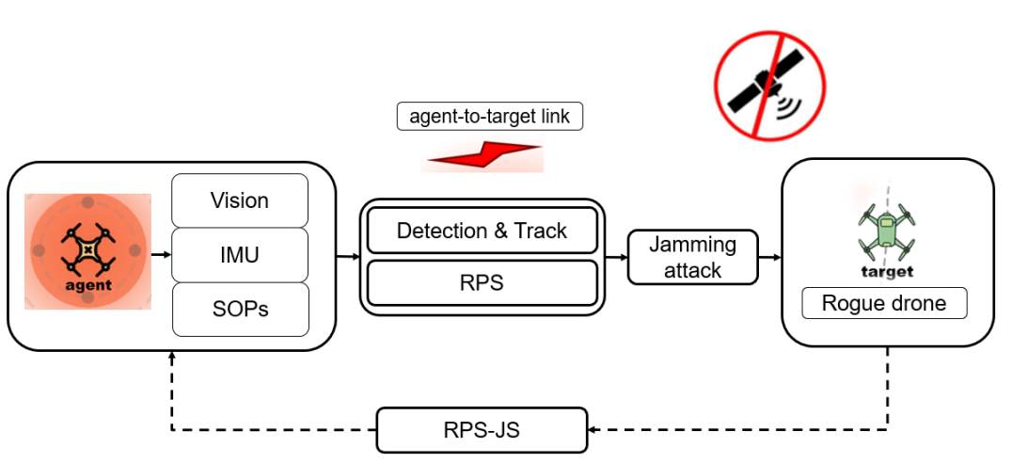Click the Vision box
tap(240, 200)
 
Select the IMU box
tap(240, 254)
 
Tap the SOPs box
tap(240, 309)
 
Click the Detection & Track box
tap(482, 231)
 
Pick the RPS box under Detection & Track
tap(482, 282)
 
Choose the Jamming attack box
tap(692, 257)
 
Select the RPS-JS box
tap(482, 430)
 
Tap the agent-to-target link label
tap(490, 117)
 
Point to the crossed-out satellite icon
tap(770, 84)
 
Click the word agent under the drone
tap(88, 284)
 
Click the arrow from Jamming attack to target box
tap(769, 256)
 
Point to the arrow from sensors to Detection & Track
tap(348, 256)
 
